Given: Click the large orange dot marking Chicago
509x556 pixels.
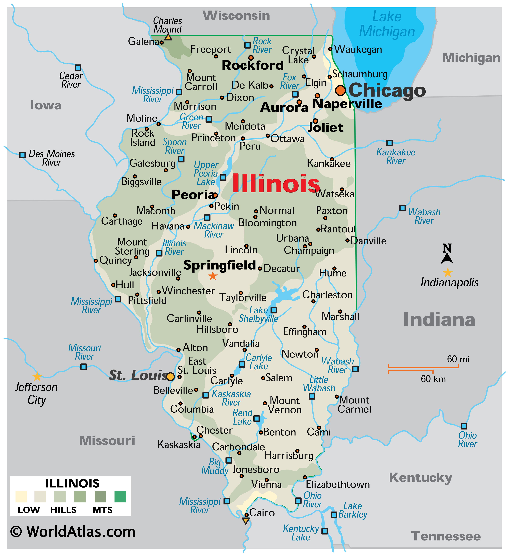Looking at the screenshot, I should tap(340, 90).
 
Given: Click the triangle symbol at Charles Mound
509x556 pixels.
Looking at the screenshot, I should tap(168, 37).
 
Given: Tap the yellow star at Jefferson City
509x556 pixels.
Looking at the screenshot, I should tap(37, 376).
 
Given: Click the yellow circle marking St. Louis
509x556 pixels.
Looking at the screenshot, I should tap(170, 376).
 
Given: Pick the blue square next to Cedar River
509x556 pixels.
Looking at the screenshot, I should tap(78, 68).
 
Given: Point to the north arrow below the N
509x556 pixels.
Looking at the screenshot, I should tap(447, 258).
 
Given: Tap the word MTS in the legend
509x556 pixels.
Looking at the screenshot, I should tap(103, 510).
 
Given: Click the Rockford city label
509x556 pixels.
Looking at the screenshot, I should tap(253, 65).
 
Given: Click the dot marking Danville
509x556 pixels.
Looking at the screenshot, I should tap(348, 240).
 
